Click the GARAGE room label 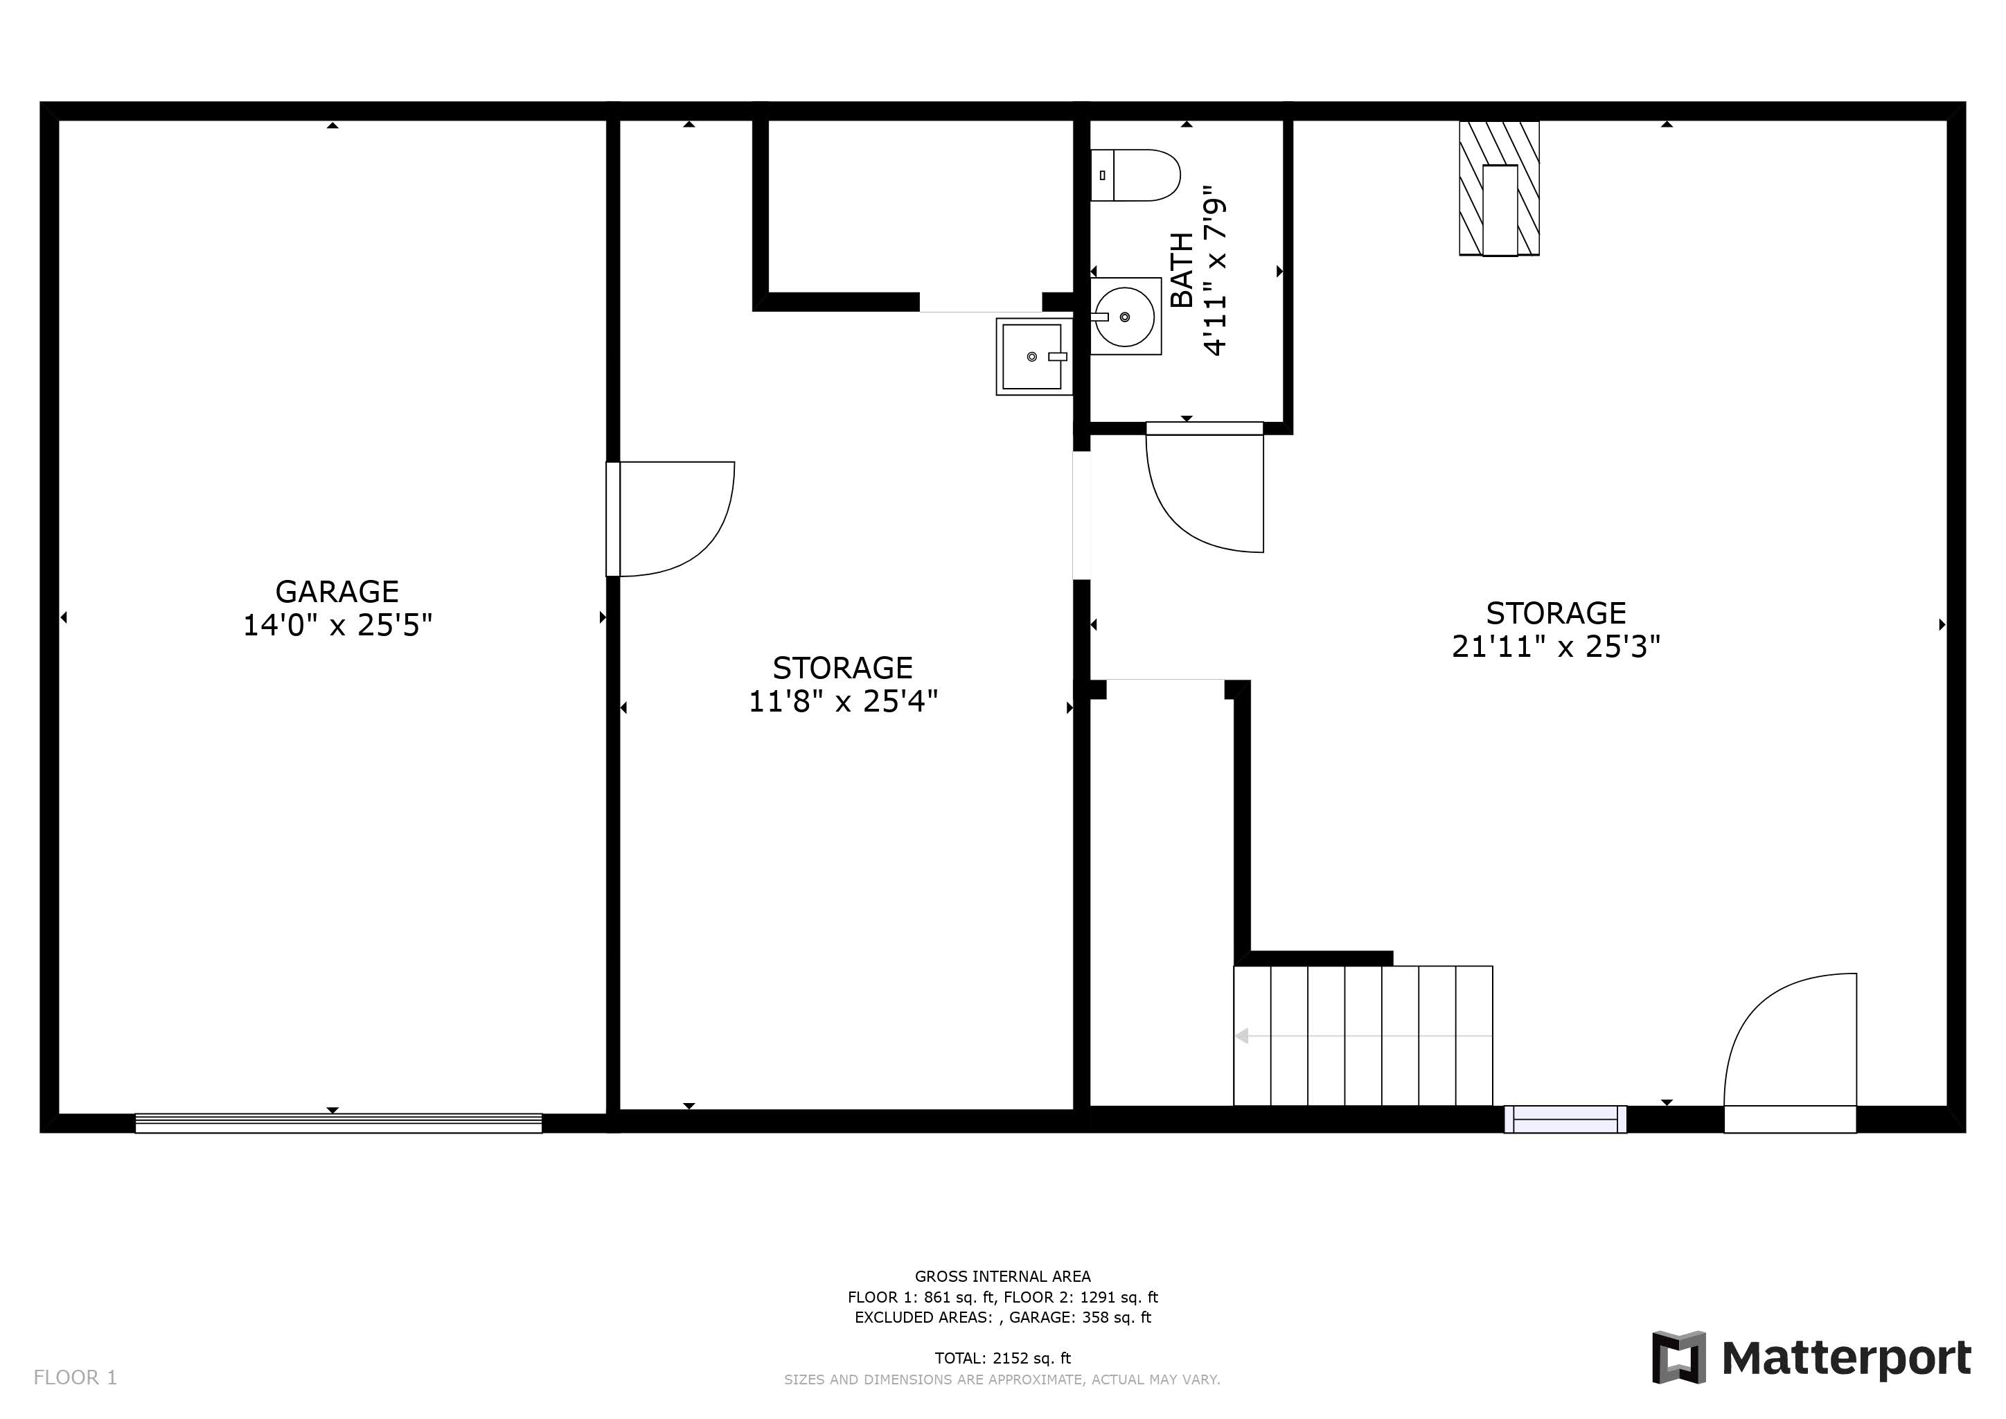pyautogui.click(x=337, y=592)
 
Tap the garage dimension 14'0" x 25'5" pyautogui.click(x=337, y=626)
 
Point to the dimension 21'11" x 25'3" pyautogui.click(x=1556, y=646)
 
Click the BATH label pyautogui.click(x=1181, y=270)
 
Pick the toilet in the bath pyautogui.click(x=1135, y=175)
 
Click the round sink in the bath pyautogui.click(x=1126, y=317)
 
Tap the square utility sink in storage pyautogui.click(x=1033, y=357)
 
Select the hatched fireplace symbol pyautogui.click(x=1499, y=188)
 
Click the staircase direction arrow pyautogui.click(x=1363, y=1037)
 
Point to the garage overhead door pyautogui.click(x=338, y=1124)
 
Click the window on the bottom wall pyautogui.click(x=1565, y=1119)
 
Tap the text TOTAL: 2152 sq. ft pyautogui.click(x=1002, y=1358)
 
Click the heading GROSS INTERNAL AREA pyautogui.click(x=1002, y=1276)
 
